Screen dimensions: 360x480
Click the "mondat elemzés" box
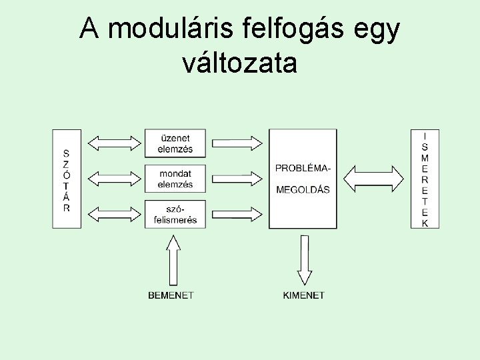tap(175, 179)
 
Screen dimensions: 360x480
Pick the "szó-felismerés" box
tap(175, 214)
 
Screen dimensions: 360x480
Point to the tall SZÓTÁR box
tap(67, 179)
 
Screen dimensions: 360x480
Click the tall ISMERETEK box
tap(425, 179)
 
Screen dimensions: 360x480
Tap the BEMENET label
tap(171, 295)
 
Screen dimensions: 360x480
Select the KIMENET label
tap(304, 295)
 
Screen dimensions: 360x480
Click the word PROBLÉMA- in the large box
tap(303, 167)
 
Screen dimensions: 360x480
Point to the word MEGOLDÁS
tap(303, 189)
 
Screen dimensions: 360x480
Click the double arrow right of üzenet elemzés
tap(238, 142)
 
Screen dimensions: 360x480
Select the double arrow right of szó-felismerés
tap(238, 214)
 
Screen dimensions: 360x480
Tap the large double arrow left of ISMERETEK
tap(374, 178)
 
